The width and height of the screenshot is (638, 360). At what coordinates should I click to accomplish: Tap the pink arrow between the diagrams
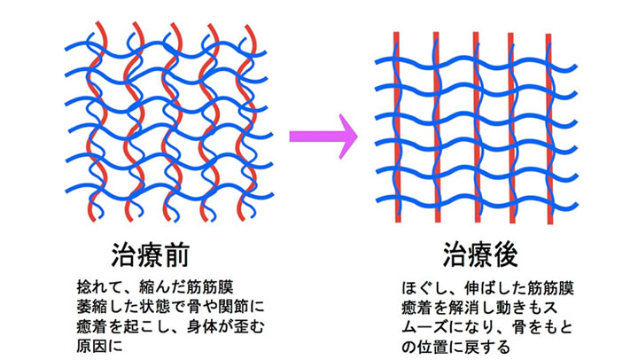tap(323, 137)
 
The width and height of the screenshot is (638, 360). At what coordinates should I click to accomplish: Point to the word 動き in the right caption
tap(518, 307)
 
